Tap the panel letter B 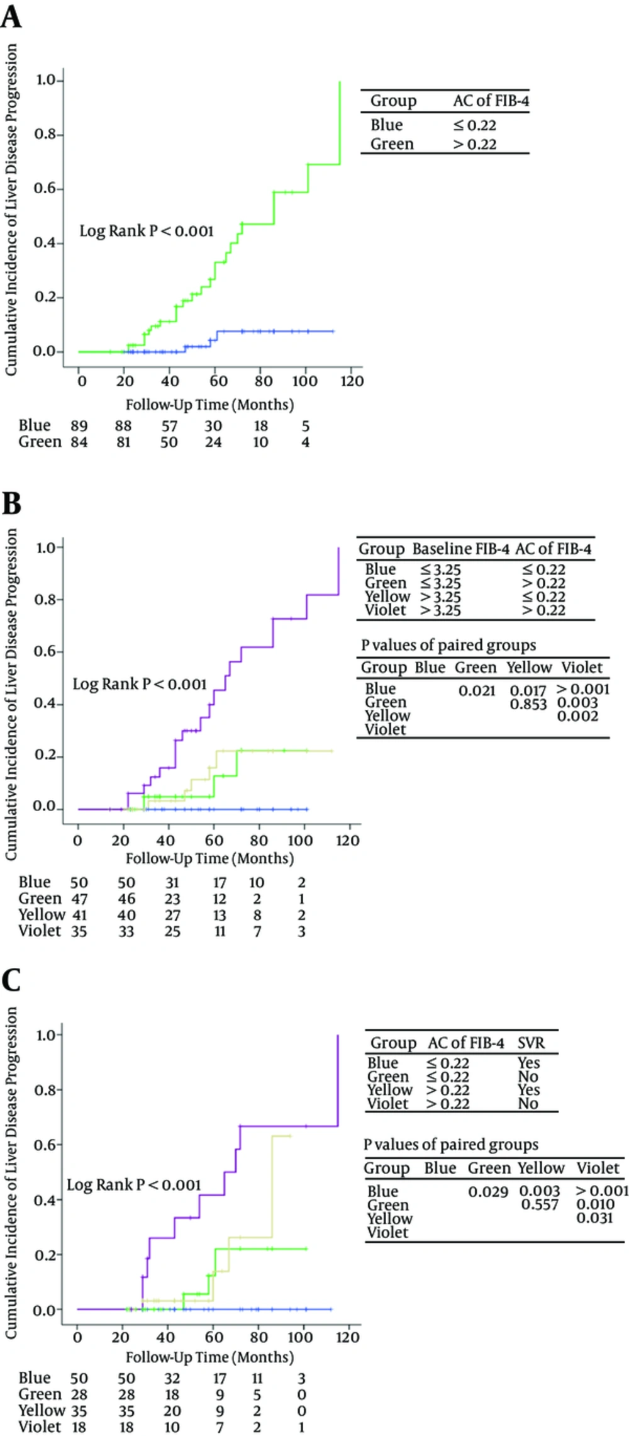tap(11, 504)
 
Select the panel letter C tap(11, 980)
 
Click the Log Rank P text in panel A tap(147, 231)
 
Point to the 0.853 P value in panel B tap(528, 704)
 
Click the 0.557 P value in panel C tap(540, 1204)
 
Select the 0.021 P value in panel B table tap(477, 691)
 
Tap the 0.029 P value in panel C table tap(488, 1191)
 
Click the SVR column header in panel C tap(531, 1043)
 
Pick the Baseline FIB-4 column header tap(460, 549)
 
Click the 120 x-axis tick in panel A tap(352, 381)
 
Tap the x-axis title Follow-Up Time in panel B tap(209, 858)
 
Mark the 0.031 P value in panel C tap(594, 1218)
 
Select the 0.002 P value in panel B tap(577, 717)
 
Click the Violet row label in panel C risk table tap(40, 1427)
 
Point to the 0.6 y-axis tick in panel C tap(46, 1144)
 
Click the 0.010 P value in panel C tap(595, 1204)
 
